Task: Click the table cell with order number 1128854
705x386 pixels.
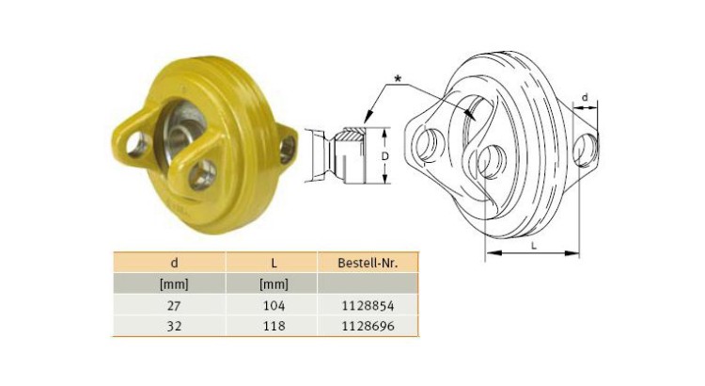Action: [x=368, y=305]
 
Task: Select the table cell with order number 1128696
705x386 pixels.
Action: [x=368, y=326]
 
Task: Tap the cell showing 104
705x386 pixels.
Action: [x=274, y=305]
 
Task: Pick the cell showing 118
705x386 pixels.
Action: [x=274, y=326]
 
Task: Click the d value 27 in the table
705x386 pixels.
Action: [x=174, y=305]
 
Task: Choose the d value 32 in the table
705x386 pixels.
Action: [x=174, y=326]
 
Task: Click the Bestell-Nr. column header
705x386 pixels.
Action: [x=368, y=263]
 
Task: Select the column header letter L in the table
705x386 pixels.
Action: [x=274, y=263]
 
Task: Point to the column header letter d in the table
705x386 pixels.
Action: [x=175, y=263]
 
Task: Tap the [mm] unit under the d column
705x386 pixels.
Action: [x=174, y=284]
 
